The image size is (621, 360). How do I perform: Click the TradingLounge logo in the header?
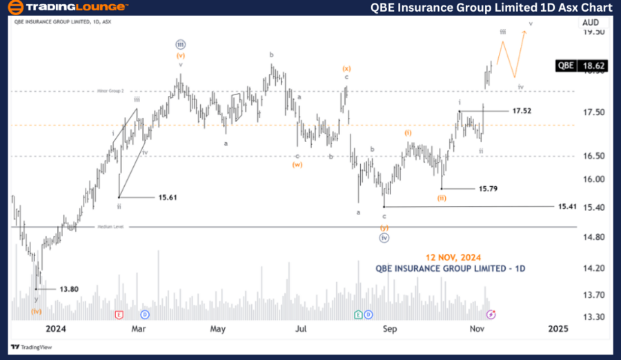pyautogui.click(x=66, y=8)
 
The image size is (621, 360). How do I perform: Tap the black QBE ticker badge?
pyautogui.click(x=566, y=66)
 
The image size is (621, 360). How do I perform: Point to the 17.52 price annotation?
pyautogui.click(x=522, y=110)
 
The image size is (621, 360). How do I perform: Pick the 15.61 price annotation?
pyautogui.click(x=168, y=197)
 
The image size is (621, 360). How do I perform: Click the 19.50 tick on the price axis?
pyautogui.click(x=593, y=32)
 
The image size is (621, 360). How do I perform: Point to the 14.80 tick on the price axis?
pyautogui.click(x=593, y=237)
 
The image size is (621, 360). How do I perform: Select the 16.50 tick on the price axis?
pyautogui.click(x=593, y=157)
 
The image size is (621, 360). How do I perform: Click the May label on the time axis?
pyautogui.click(x=218, y=329)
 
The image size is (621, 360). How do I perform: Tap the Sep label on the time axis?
pyautogui.click(x=390, y=329)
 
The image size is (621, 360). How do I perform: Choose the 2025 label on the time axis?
pyautogui.click(x=558, y=329)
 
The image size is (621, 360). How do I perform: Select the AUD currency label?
pyautogui.click(x=590, y=22)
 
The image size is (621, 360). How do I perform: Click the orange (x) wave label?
pyautogui.click(x=346, y=68)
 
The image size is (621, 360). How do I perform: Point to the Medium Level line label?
pyautogui.click(x=110, y=226)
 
